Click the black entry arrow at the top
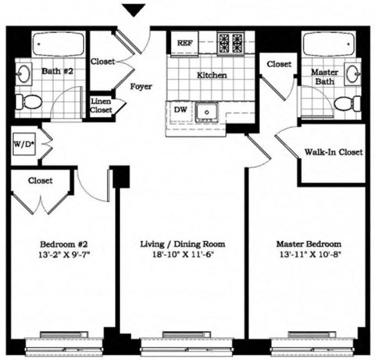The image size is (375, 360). pos(135,9)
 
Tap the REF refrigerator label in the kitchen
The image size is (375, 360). pos(185,42)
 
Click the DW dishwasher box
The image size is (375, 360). pos(180,110)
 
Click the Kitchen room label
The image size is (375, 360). pos(211,76)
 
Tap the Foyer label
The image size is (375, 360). pos(141,87)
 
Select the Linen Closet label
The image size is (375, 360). pos(101,107)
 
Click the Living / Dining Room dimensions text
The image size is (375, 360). pos(183,253)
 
